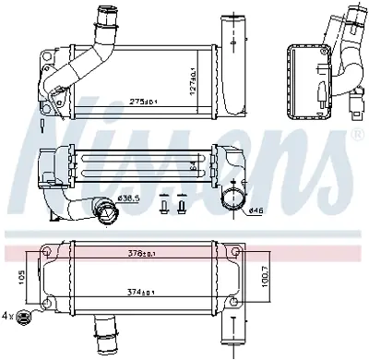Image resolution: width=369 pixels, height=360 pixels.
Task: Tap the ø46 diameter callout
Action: tap(256, 211)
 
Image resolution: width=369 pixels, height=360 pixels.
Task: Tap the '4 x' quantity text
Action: tap(9, 318)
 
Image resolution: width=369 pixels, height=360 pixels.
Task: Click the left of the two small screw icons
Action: tap(166, 205)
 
